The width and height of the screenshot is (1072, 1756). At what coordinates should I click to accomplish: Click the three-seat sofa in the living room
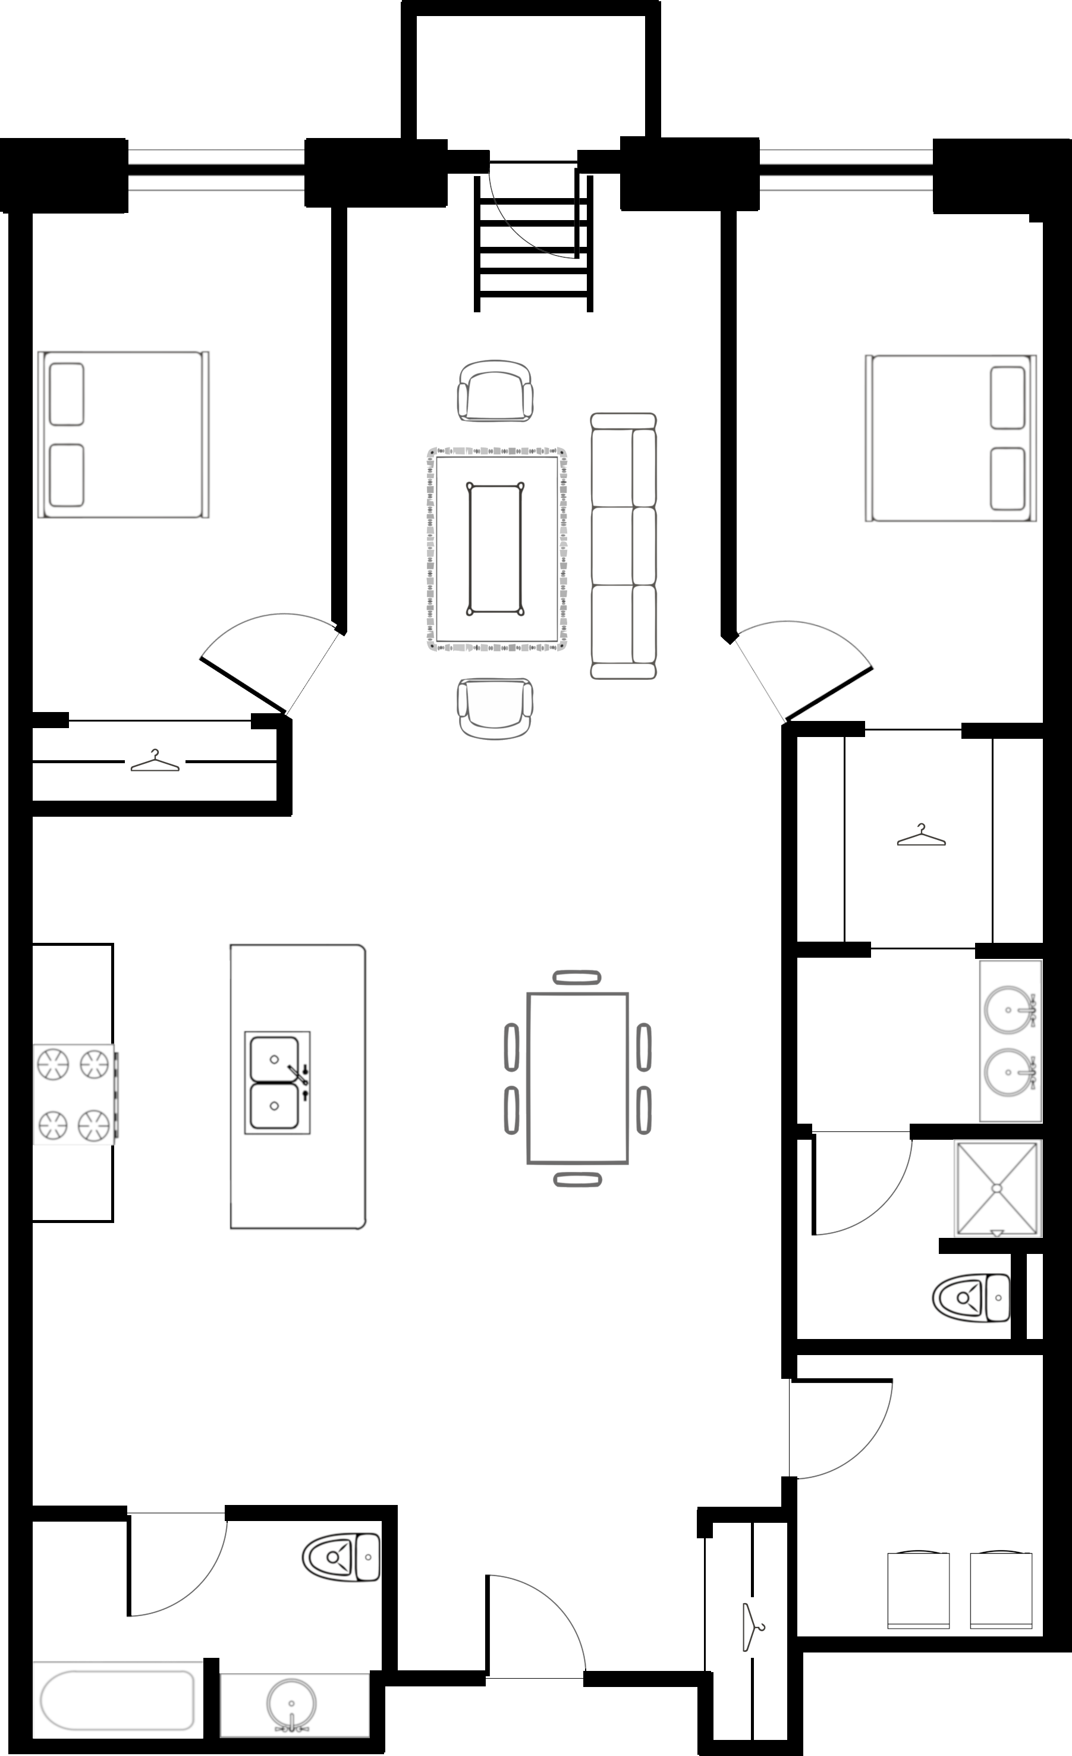coord(623,545)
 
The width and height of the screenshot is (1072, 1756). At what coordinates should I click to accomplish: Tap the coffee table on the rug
coord(495,548)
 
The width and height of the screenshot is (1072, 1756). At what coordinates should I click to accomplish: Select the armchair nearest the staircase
coord(495,391)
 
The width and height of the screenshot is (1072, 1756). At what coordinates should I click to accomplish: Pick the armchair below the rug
coord(495,708)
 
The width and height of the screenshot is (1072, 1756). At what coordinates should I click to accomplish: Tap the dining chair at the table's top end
coord(577,977)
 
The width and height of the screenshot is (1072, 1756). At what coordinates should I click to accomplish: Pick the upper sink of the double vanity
coord(1008,1010)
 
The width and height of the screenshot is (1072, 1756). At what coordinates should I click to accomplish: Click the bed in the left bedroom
coord(123,434)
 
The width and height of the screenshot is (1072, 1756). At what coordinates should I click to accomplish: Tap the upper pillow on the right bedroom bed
coord(1007,398)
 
